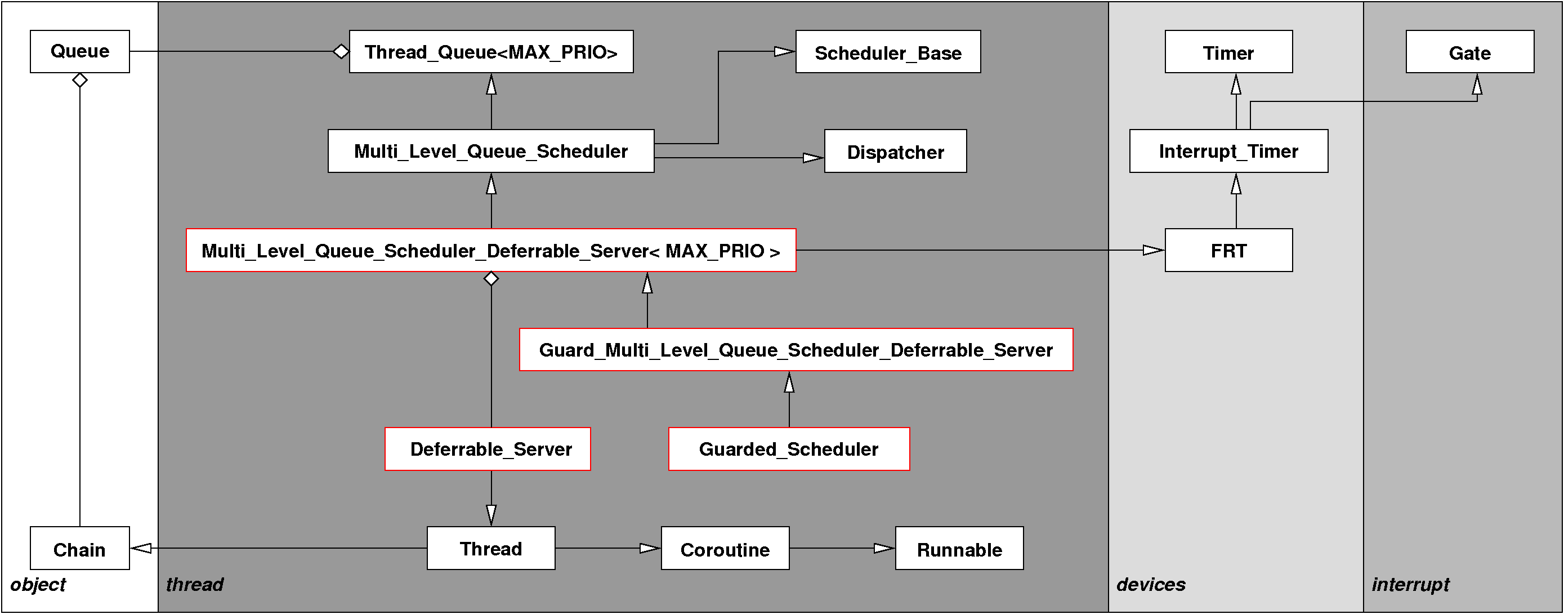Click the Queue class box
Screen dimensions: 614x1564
[x=79, y=52]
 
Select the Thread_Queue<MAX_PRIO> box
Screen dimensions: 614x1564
[x=490, y=52]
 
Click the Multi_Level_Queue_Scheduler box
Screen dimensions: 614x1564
[x=490, y=151]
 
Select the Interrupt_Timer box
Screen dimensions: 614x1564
[x=1228, y=151]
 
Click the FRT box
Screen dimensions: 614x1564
[x=1228, y=250]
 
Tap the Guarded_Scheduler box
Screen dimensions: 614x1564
[x=789, y=449]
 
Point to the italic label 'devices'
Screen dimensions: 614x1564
[x=1151, y=584]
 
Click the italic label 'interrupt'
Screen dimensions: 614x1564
[x=1410, y=584]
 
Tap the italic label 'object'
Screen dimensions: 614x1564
[x=38, y=584]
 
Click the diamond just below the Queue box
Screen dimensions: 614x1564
[x=79, y=80]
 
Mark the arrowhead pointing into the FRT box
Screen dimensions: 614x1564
[x=1153, y=250]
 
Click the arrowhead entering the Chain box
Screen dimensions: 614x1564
[x=141, y=549]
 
